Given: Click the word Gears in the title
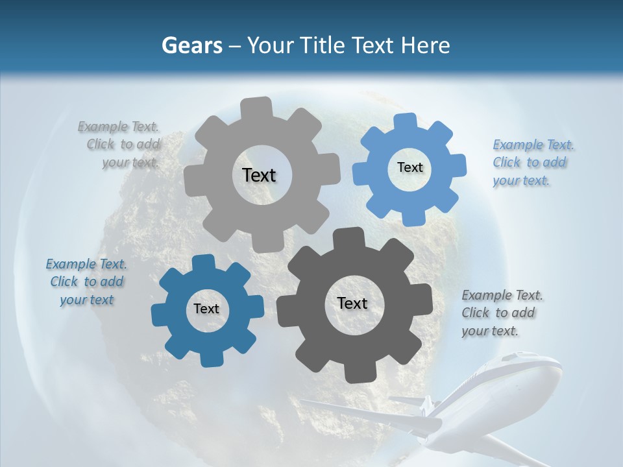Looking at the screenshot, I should [191, 45].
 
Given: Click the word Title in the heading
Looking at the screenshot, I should [324, 45].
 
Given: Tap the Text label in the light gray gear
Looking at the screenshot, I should [259, 175].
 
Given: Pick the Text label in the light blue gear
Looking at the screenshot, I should [409, 167].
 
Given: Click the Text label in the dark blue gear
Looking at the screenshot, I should [206, 309].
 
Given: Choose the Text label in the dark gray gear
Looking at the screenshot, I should [352, 303].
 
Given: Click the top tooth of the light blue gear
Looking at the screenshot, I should [406, 123].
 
